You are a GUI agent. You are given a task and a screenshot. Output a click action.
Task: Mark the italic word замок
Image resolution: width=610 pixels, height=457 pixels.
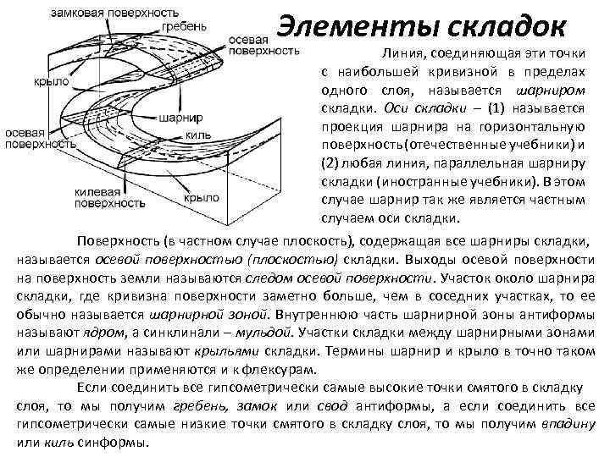(252, 407)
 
